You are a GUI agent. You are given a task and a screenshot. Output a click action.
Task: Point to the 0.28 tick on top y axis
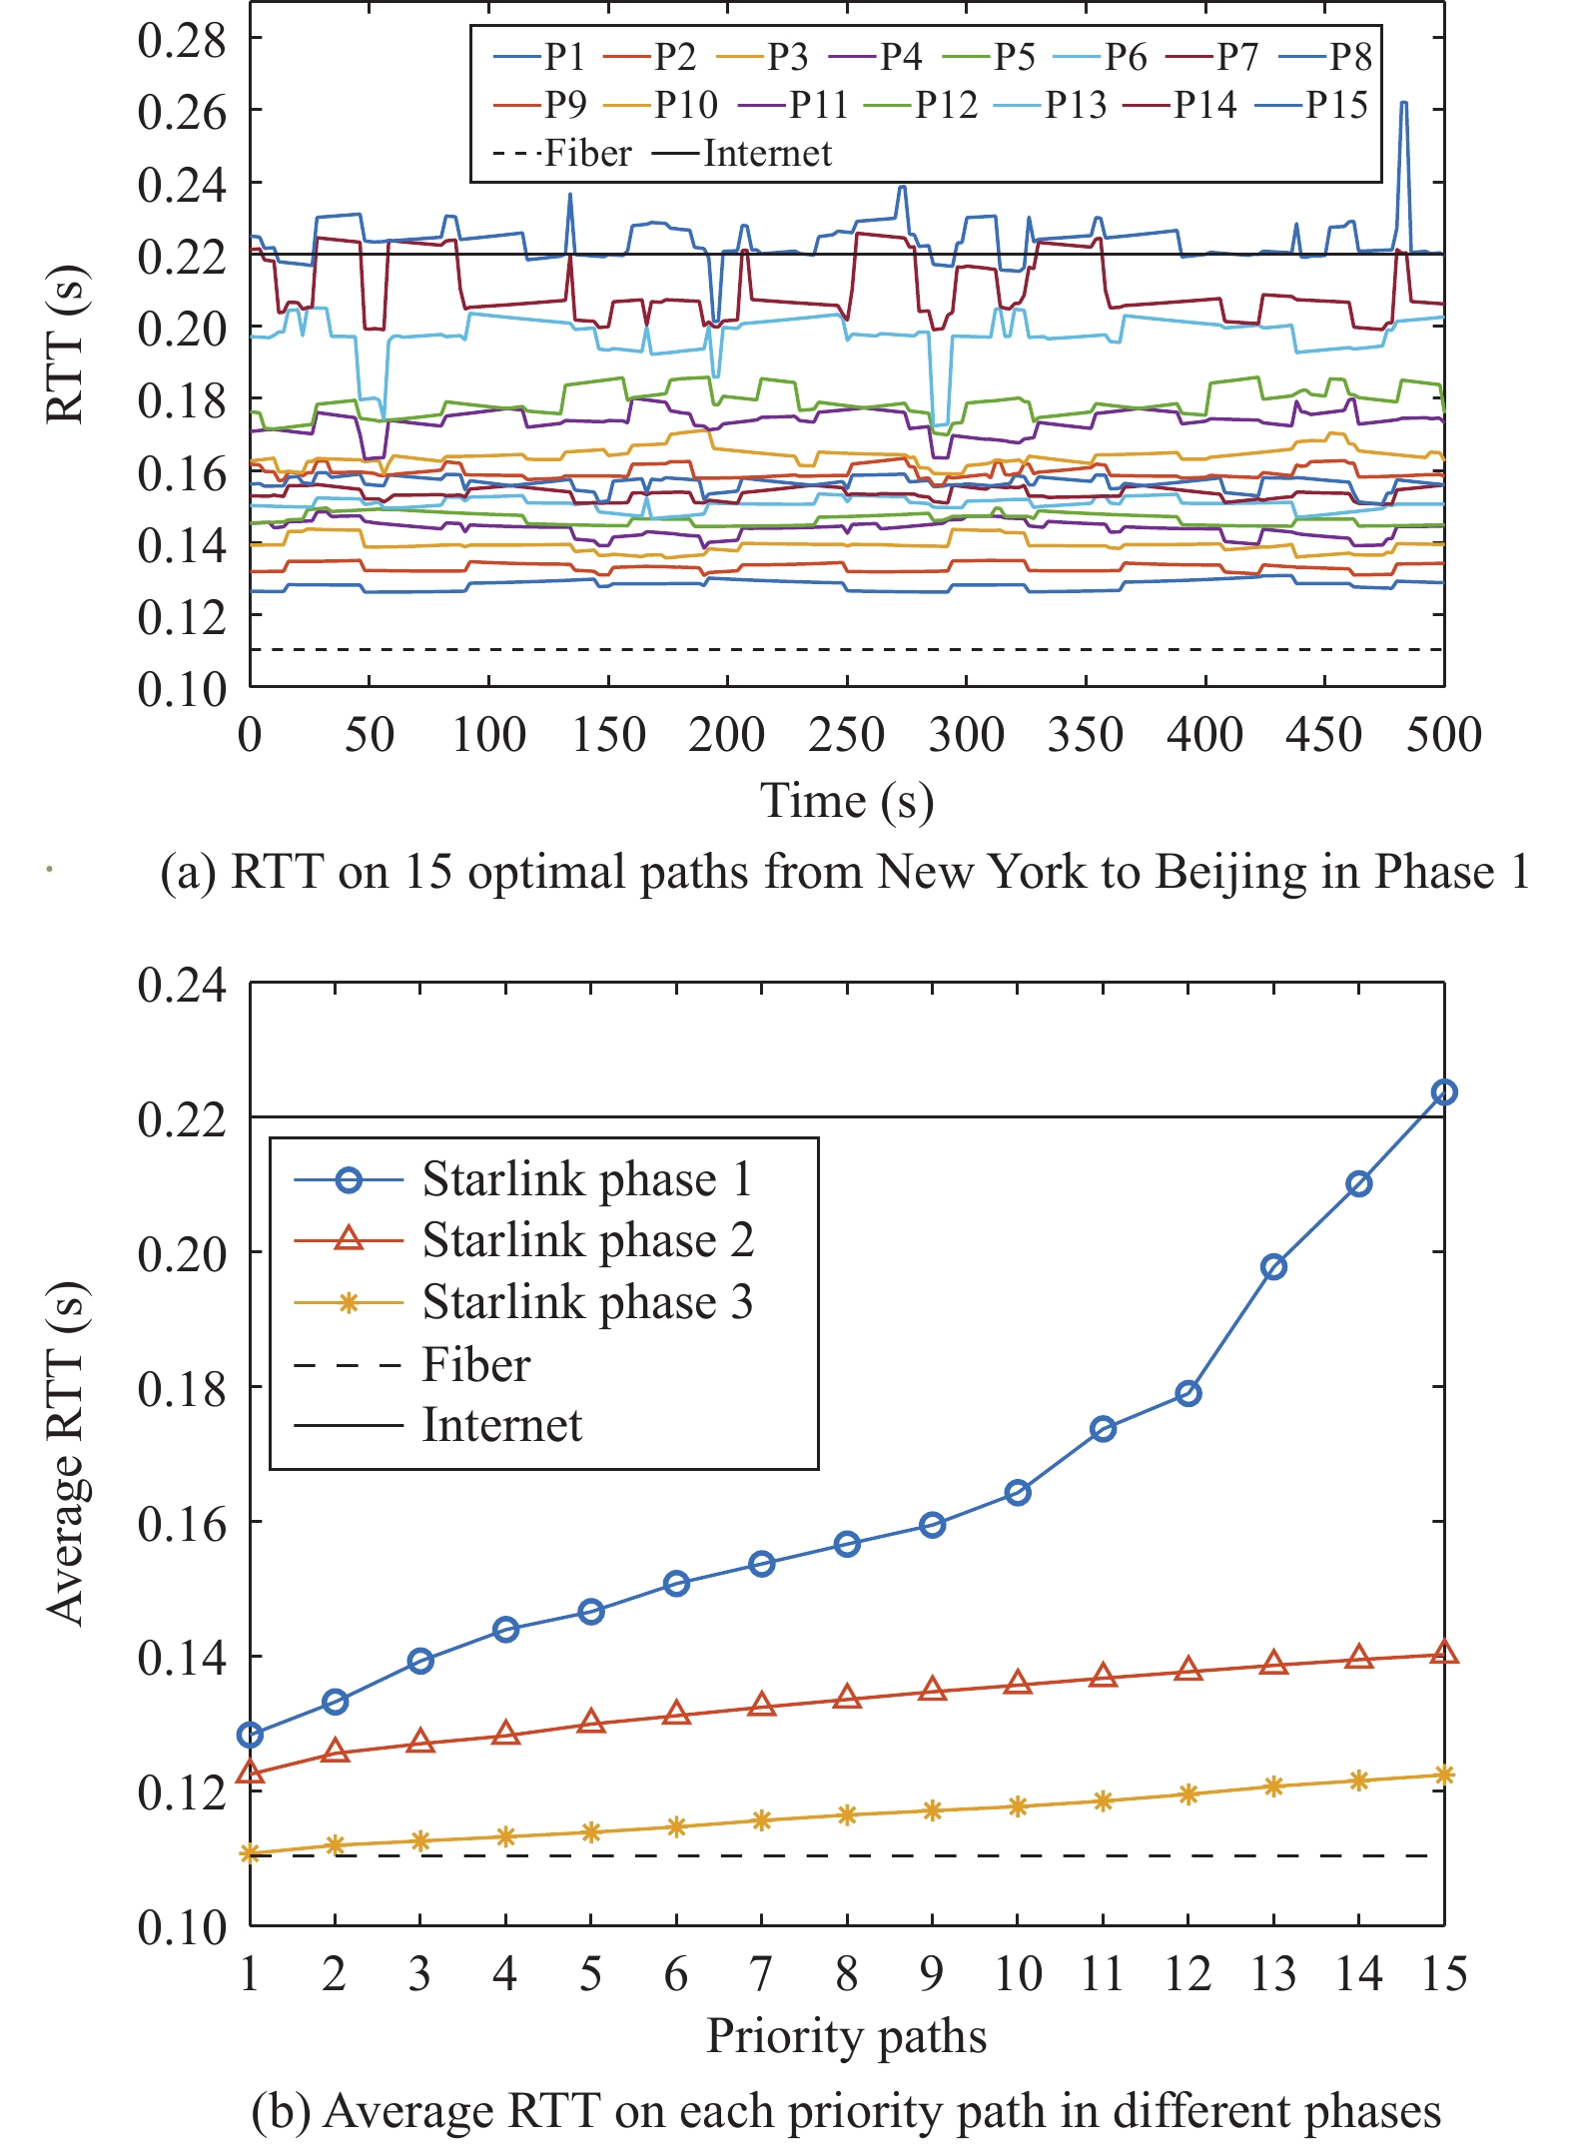(x=182, y=40)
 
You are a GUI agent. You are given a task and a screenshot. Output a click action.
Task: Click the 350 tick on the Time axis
(x=1086, y=736)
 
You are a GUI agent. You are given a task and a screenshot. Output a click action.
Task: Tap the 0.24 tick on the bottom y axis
(x=182, y=985)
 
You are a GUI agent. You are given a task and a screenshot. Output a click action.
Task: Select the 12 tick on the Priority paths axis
(x=1187, y=1974)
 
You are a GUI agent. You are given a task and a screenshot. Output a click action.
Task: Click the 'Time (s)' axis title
(x=847, y=801)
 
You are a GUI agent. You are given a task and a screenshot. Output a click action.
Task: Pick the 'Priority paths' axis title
(x=847, y=2037)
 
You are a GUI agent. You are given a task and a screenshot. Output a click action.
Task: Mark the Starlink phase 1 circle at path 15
(x=1444, y=1092)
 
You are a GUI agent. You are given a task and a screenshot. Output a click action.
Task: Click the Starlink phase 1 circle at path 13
(x=1273, y=1267)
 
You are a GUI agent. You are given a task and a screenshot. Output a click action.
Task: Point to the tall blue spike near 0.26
(x=1404, y=104)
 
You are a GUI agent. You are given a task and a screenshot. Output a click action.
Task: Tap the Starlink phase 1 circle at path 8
(x=847, y=1544)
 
